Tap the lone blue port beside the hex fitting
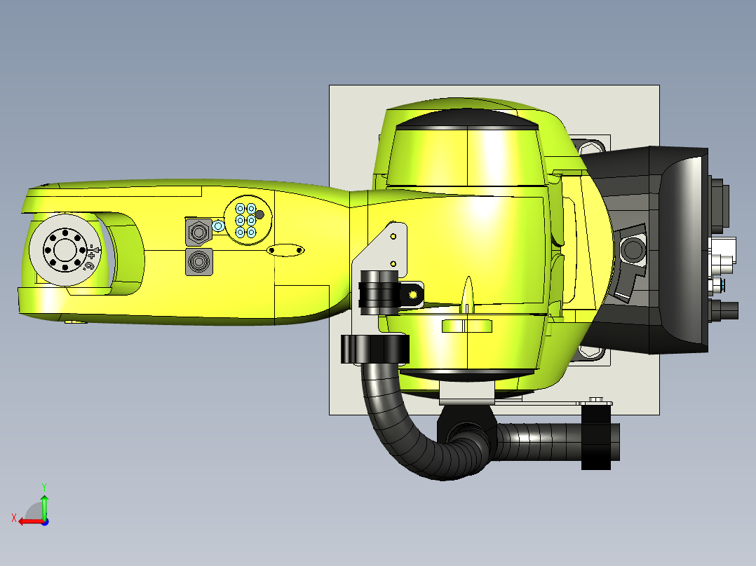coord(218,226)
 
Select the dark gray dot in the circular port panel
coord(259,214)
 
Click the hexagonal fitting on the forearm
coord(198,230)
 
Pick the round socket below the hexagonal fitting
coord(198,262)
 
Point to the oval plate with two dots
coord(286,249)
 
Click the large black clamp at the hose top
coord(374,349)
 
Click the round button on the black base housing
coord(633,249)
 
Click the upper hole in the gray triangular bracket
coord(393,236)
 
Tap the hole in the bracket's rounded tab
coord(413,295)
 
